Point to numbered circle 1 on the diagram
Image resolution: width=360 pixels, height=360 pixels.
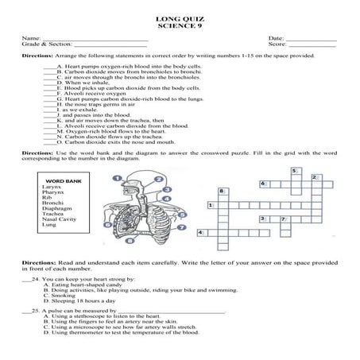(x=118, y=177)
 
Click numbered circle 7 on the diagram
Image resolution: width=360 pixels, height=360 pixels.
(x=182, y=226)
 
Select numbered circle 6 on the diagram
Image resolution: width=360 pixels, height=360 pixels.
(x=106, y=224)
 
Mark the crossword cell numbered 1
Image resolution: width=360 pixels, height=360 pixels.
(x=211, y=205)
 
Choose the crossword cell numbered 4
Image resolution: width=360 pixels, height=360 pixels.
(x=200, y=232)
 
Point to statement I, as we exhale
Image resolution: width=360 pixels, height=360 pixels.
(x=68, y=109)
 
